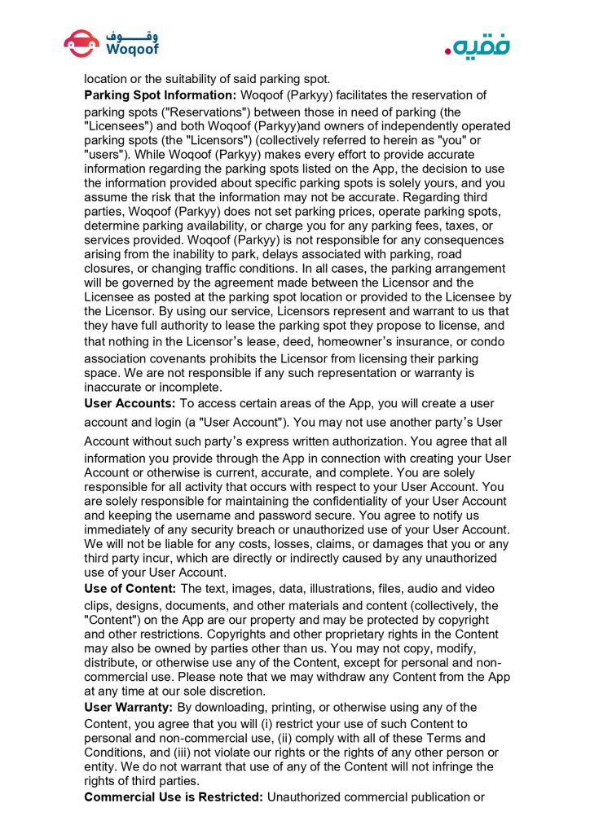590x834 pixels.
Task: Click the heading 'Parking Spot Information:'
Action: point(160,95)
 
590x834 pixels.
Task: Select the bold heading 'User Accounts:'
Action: point(130,403)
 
